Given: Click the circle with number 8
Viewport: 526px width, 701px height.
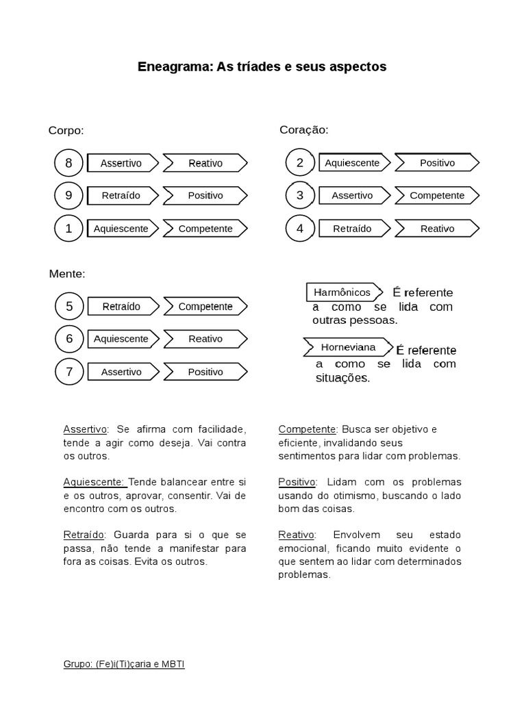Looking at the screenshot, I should pos(68,163).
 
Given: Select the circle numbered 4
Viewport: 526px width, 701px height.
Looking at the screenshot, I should pos(299,229).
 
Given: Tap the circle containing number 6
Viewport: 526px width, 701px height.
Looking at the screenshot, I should pos(68,339).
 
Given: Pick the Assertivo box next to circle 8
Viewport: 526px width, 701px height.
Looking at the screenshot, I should pos(121,163).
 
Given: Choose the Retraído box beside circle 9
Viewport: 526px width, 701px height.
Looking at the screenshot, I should pos(121,196).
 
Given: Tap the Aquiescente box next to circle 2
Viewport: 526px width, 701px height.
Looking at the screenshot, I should pos(352,163).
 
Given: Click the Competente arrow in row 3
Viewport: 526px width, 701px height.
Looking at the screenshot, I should pos(436,196).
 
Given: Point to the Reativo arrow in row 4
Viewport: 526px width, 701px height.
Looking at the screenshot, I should pos(436,229).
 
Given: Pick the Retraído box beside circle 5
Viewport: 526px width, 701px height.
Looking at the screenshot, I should pos(121,307).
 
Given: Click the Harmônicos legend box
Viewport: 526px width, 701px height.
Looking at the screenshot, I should pos(342,292).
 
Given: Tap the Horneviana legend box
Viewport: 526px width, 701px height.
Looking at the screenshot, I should pos(348,347).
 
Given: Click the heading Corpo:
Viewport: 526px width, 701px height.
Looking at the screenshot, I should pos(66,130).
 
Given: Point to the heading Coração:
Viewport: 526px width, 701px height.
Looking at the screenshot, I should pos(303,129).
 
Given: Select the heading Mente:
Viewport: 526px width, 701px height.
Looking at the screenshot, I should pos(67,274).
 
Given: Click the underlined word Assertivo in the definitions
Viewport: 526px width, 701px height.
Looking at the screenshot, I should pos(85,429).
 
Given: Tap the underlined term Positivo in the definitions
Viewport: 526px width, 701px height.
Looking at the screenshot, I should pos(297,482).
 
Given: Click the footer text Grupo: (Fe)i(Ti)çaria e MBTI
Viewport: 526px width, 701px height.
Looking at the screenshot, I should pos(124,665).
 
